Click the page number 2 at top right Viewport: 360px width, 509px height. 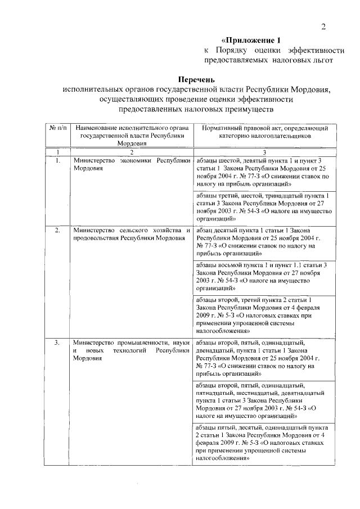click(x=323, y=26)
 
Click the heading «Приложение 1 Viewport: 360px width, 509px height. click(x=251, y=40)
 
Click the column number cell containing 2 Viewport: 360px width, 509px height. click(x=131, y=152)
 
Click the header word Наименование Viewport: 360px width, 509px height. click(x=96, y=128)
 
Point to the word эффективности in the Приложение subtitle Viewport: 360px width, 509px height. click(x=304, y=50)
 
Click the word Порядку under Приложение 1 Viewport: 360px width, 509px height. click(x=231, y=50)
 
